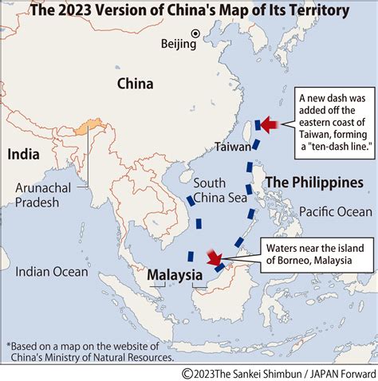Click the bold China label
pyautogui.click(x=135, y=83)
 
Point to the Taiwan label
pyautogui.click(x=234, y=147)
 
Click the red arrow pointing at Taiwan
pyautogui.click(x=268, y=124)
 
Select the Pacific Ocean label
pyautogui.click(x=336, y=211)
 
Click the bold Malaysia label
pyautogui.click(x=174, y=276)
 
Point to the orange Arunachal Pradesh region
pyautogui.click(x=84, y=128)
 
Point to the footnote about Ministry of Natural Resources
pyautogui.click(x=84, y=351)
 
